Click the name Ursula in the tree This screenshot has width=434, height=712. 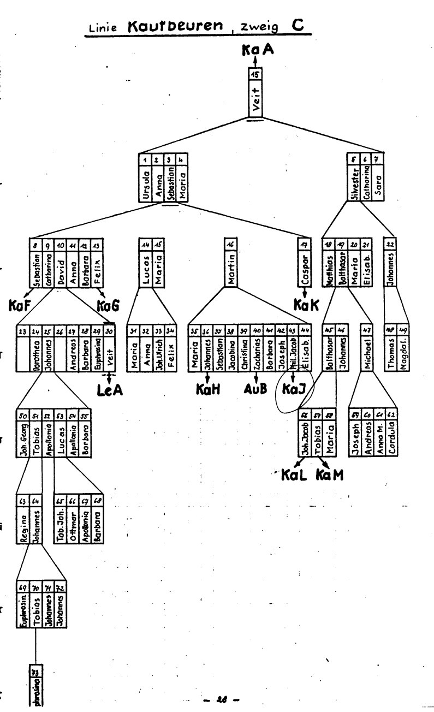pos(145,186)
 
